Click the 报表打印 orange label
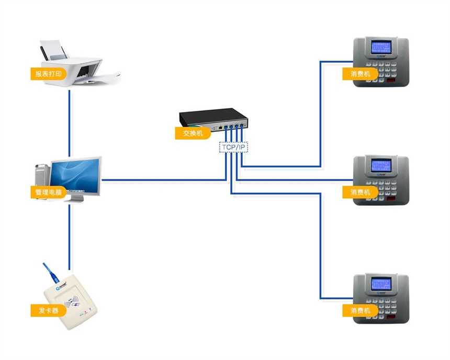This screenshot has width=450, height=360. (49, 74)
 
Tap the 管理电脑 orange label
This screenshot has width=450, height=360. (49, 193)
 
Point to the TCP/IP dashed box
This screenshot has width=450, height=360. (233, 147)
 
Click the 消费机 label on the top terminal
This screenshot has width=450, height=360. (360, 74)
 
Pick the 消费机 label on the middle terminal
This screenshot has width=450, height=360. (360, 193)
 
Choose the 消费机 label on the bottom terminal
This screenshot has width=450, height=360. (360, 311)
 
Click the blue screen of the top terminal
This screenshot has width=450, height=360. (381, 47)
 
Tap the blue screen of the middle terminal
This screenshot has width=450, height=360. (381, 165)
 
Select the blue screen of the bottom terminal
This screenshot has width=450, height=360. (381, 284)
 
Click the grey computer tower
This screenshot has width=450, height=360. (42, 175)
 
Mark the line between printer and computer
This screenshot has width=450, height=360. (69, 120)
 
